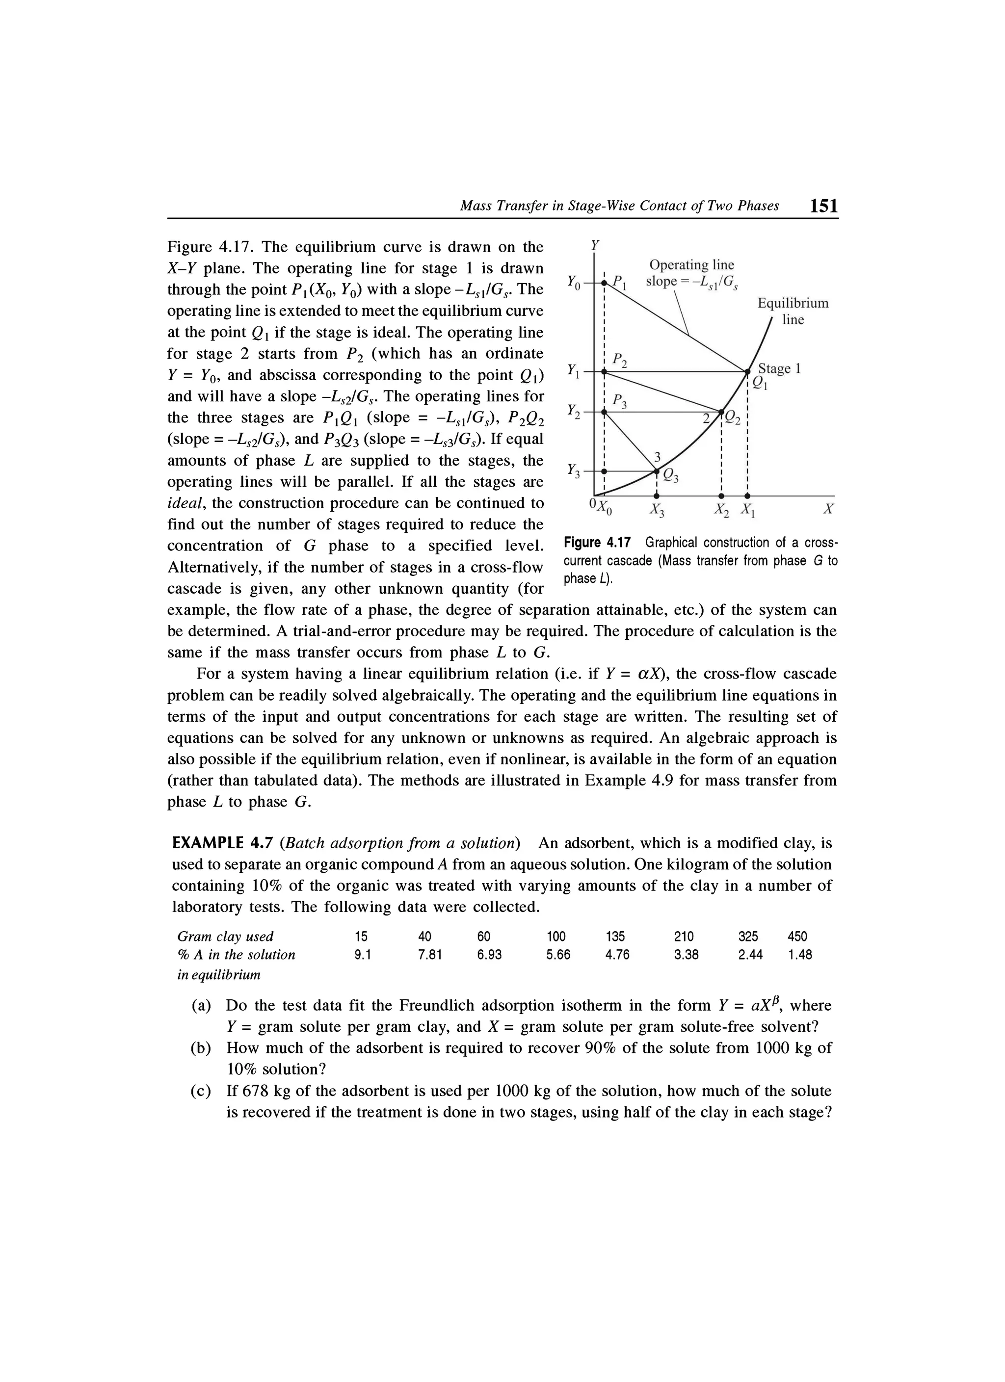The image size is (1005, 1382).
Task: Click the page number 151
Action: [823, 206]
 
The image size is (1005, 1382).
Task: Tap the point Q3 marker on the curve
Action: [657, 471]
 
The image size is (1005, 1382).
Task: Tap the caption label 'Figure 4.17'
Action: [600, 542]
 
